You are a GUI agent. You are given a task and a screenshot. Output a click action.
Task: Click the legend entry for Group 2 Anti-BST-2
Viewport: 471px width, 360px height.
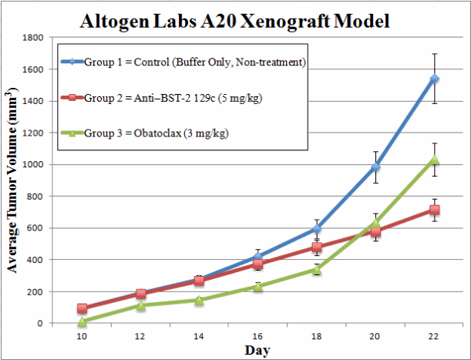pos(170,98)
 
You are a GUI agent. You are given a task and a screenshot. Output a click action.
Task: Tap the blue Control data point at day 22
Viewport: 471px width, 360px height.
pos(435,79)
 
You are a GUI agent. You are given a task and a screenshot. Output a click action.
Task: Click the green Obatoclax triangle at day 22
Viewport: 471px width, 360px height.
pos(435,160)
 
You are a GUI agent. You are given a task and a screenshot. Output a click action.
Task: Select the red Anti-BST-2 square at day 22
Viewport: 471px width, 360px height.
pos(435,210)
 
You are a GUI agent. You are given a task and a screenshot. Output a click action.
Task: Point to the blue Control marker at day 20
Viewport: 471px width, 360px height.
pos(376,167)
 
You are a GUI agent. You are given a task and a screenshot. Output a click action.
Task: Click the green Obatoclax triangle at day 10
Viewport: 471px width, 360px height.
pos(82,321)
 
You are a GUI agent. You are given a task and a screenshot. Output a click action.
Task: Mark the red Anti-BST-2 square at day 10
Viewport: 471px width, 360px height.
pos(82,308)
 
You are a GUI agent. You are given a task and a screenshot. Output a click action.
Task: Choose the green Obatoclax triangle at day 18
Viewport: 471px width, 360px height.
pos(317,270)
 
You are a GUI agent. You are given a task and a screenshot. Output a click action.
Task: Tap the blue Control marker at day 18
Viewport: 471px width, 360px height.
pos(317,229)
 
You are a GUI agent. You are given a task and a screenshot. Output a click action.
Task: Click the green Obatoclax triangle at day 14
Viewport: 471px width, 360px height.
pos(199,300)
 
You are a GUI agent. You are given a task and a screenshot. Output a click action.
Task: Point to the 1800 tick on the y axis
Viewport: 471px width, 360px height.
pos(34,37)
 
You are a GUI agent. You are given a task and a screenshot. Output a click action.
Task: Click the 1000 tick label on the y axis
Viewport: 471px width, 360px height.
pos(34,164)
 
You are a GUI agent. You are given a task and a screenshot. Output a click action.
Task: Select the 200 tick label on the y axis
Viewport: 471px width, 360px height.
pos(37,291)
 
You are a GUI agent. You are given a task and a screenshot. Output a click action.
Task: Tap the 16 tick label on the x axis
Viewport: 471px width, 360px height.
pos(257,337)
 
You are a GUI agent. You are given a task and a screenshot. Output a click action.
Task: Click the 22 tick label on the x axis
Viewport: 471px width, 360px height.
pos(434,337)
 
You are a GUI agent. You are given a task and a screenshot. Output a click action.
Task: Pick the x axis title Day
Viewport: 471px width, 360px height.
pos(257,351)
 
